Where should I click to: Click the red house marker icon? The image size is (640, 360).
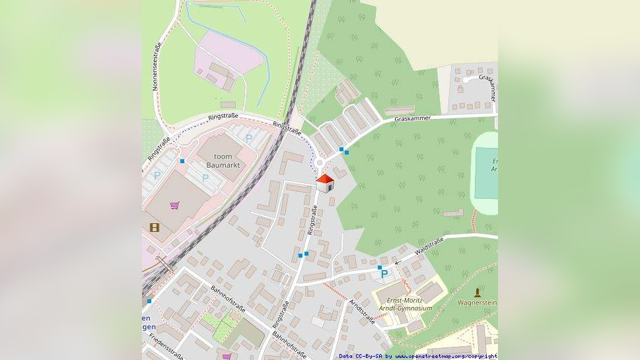(324, 183)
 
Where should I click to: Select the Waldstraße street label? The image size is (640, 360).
(429, 248)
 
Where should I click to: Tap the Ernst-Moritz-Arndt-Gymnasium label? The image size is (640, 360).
(406, 305)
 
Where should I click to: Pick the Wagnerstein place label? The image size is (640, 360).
(478, 303)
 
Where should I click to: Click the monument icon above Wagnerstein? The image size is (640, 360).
(478, 291)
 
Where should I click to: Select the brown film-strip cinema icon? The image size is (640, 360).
(155, 227)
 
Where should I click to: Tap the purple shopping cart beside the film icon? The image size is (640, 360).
(174, 205)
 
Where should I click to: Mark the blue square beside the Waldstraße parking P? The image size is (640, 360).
(380, 268)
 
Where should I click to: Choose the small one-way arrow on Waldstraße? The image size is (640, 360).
(398, 262)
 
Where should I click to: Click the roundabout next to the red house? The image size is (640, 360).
(320, 163)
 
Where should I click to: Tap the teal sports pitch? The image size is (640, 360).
(486, 173)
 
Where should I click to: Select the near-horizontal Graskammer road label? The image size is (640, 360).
(412, 119)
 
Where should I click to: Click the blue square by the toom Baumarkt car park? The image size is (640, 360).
(182, 161)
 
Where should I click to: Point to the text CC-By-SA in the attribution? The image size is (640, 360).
(368, 356)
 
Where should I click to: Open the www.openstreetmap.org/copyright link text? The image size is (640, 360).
(446, 356)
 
